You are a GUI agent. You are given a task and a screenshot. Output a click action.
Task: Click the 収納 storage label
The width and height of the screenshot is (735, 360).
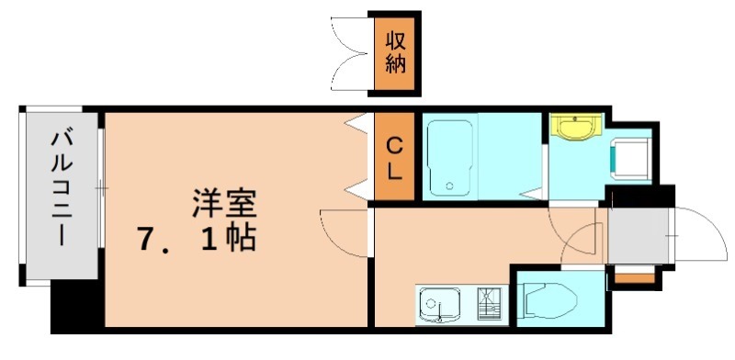395,54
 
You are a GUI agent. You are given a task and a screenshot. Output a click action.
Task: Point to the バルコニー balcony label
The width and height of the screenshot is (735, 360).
62,188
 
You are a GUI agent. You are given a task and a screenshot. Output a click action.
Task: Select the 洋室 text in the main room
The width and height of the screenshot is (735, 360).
224,203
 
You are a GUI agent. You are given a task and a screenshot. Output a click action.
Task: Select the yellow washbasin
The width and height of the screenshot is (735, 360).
574,128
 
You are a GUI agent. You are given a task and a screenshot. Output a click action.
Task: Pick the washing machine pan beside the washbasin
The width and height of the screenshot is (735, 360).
632,156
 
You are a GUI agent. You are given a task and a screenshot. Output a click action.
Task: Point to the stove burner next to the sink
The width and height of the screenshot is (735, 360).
488,302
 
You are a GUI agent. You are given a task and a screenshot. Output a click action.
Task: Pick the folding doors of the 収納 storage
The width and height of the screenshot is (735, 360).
349,52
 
